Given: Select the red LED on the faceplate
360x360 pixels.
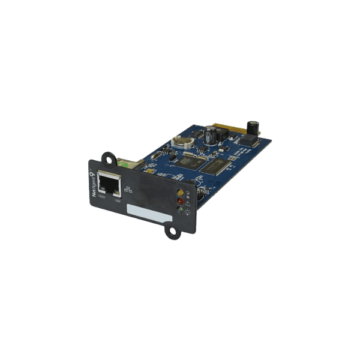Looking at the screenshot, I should [x=178, y=202].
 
